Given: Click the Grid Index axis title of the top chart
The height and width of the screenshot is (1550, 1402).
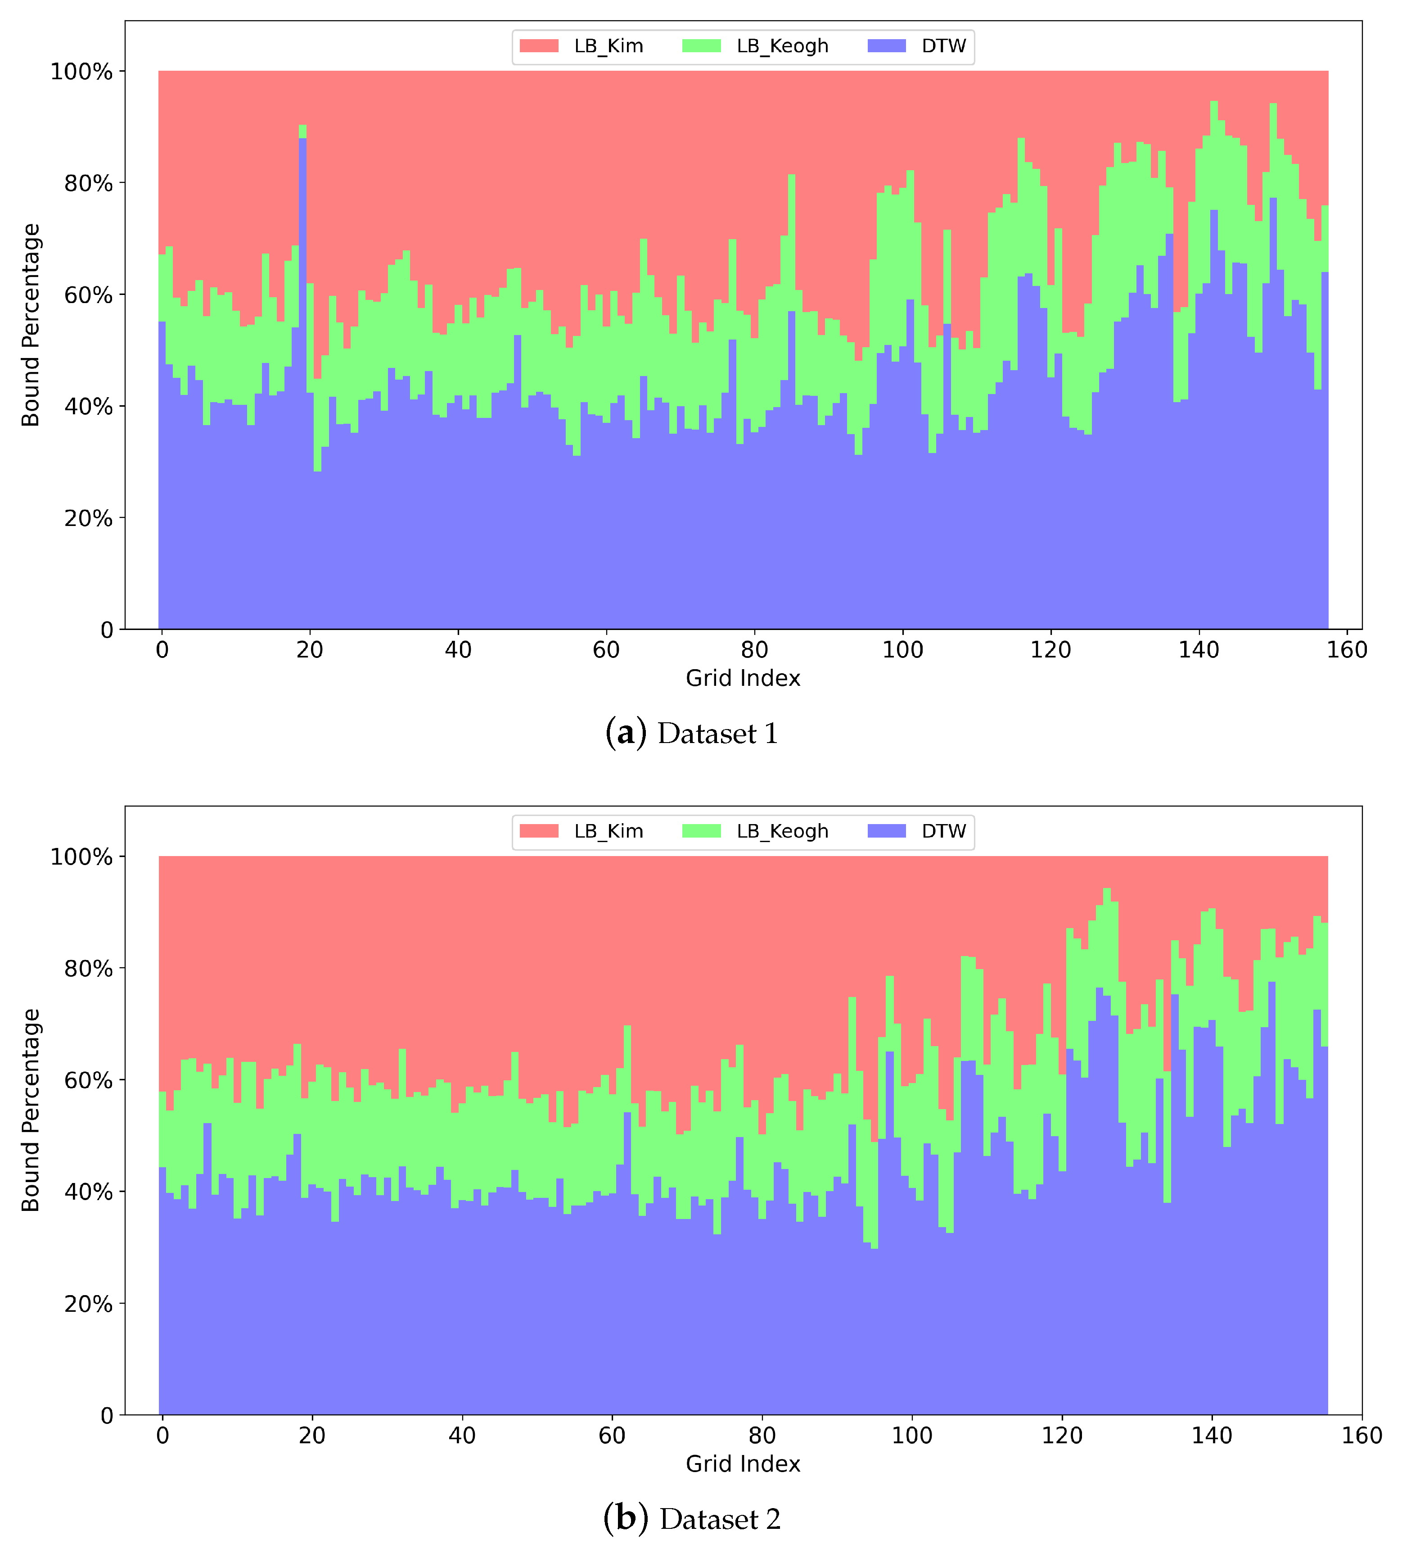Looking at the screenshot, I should [743, 678].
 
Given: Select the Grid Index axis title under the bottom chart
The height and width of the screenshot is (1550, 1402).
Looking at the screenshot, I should [743, 1464].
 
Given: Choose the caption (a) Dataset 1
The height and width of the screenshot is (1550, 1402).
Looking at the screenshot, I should [692, 734].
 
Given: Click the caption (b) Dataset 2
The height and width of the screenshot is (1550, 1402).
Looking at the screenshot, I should [692, 1519].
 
